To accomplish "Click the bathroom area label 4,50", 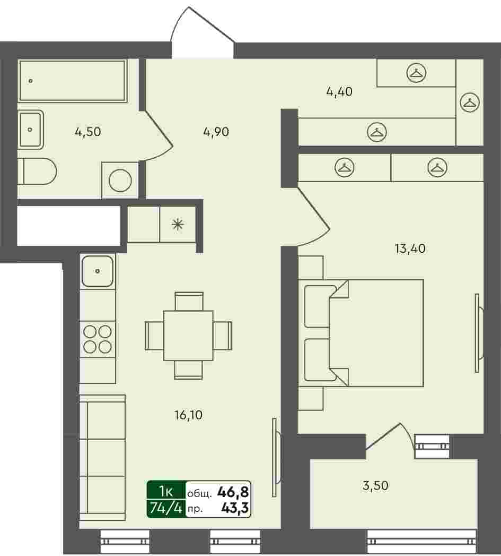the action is coord(88,132).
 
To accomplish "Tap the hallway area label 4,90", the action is coord(216,132).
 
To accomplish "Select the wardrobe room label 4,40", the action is coord(339,92).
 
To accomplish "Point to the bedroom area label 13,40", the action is coord(410,249).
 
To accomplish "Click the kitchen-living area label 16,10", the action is coord(188,415).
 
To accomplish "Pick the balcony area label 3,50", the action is coord(375,485).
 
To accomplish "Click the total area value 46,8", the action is coord(233,492).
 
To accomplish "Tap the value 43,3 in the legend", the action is coord(235,509).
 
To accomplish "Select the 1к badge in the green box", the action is coord(166,491).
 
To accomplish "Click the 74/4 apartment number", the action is coord(166,509).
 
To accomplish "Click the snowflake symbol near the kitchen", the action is coord(178,224).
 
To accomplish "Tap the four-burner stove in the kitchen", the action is coord(98,339).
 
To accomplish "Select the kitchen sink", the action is coord(98,271).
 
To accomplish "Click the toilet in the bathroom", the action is coord(37,172).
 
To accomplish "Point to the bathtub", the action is coord(72,81).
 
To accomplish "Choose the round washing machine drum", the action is coord(120,181).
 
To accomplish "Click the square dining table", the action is coord(188,336).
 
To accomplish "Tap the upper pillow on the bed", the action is coord(319,306).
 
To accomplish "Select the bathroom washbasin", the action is coord(30,130).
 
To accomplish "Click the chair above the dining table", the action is coord(189,302).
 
